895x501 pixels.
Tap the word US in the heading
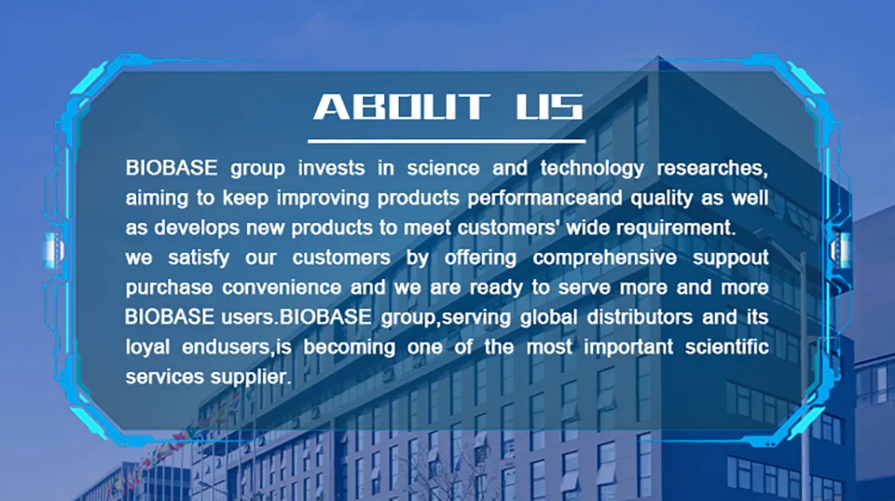(x=549, y=107)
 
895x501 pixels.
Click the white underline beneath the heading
(x=446, y=141)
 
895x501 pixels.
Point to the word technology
(x=591, y=168)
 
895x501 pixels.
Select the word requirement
(x=671, y=228)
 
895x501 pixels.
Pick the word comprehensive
(x=605, y=257)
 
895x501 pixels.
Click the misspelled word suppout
(x=730, y=257)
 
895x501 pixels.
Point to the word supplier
(x=249, y=377)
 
